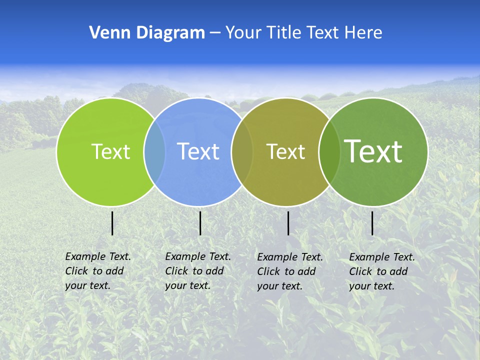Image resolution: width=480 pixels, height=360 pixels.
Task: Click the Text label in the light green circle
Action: [110, 151]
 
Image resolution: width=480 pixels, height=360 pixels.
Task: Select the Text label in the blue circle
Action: [198, 151]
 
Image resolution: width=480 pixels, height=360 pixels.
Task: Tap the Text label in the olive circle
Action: [285, 151]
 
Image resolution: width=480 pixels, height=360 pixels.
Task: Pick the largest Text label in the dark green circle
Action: [373, 151]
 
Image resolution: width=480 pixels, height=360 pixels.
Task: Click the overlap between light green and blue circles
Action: [154, 151]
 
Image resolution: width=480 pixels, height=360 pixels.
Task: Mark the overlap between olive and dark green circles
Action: [329, 151]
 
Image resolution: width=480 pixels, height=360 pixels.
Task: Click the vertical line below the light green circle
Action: [112, 223]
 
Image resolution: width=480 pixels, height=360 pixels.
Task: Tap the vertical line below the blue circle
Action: [200, 223]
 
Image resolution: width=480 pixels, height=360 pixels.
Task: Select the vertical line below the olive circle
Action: [288, 223]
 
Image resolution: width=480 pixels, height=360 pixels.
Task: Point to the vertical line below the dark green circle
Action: [372, 223]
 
